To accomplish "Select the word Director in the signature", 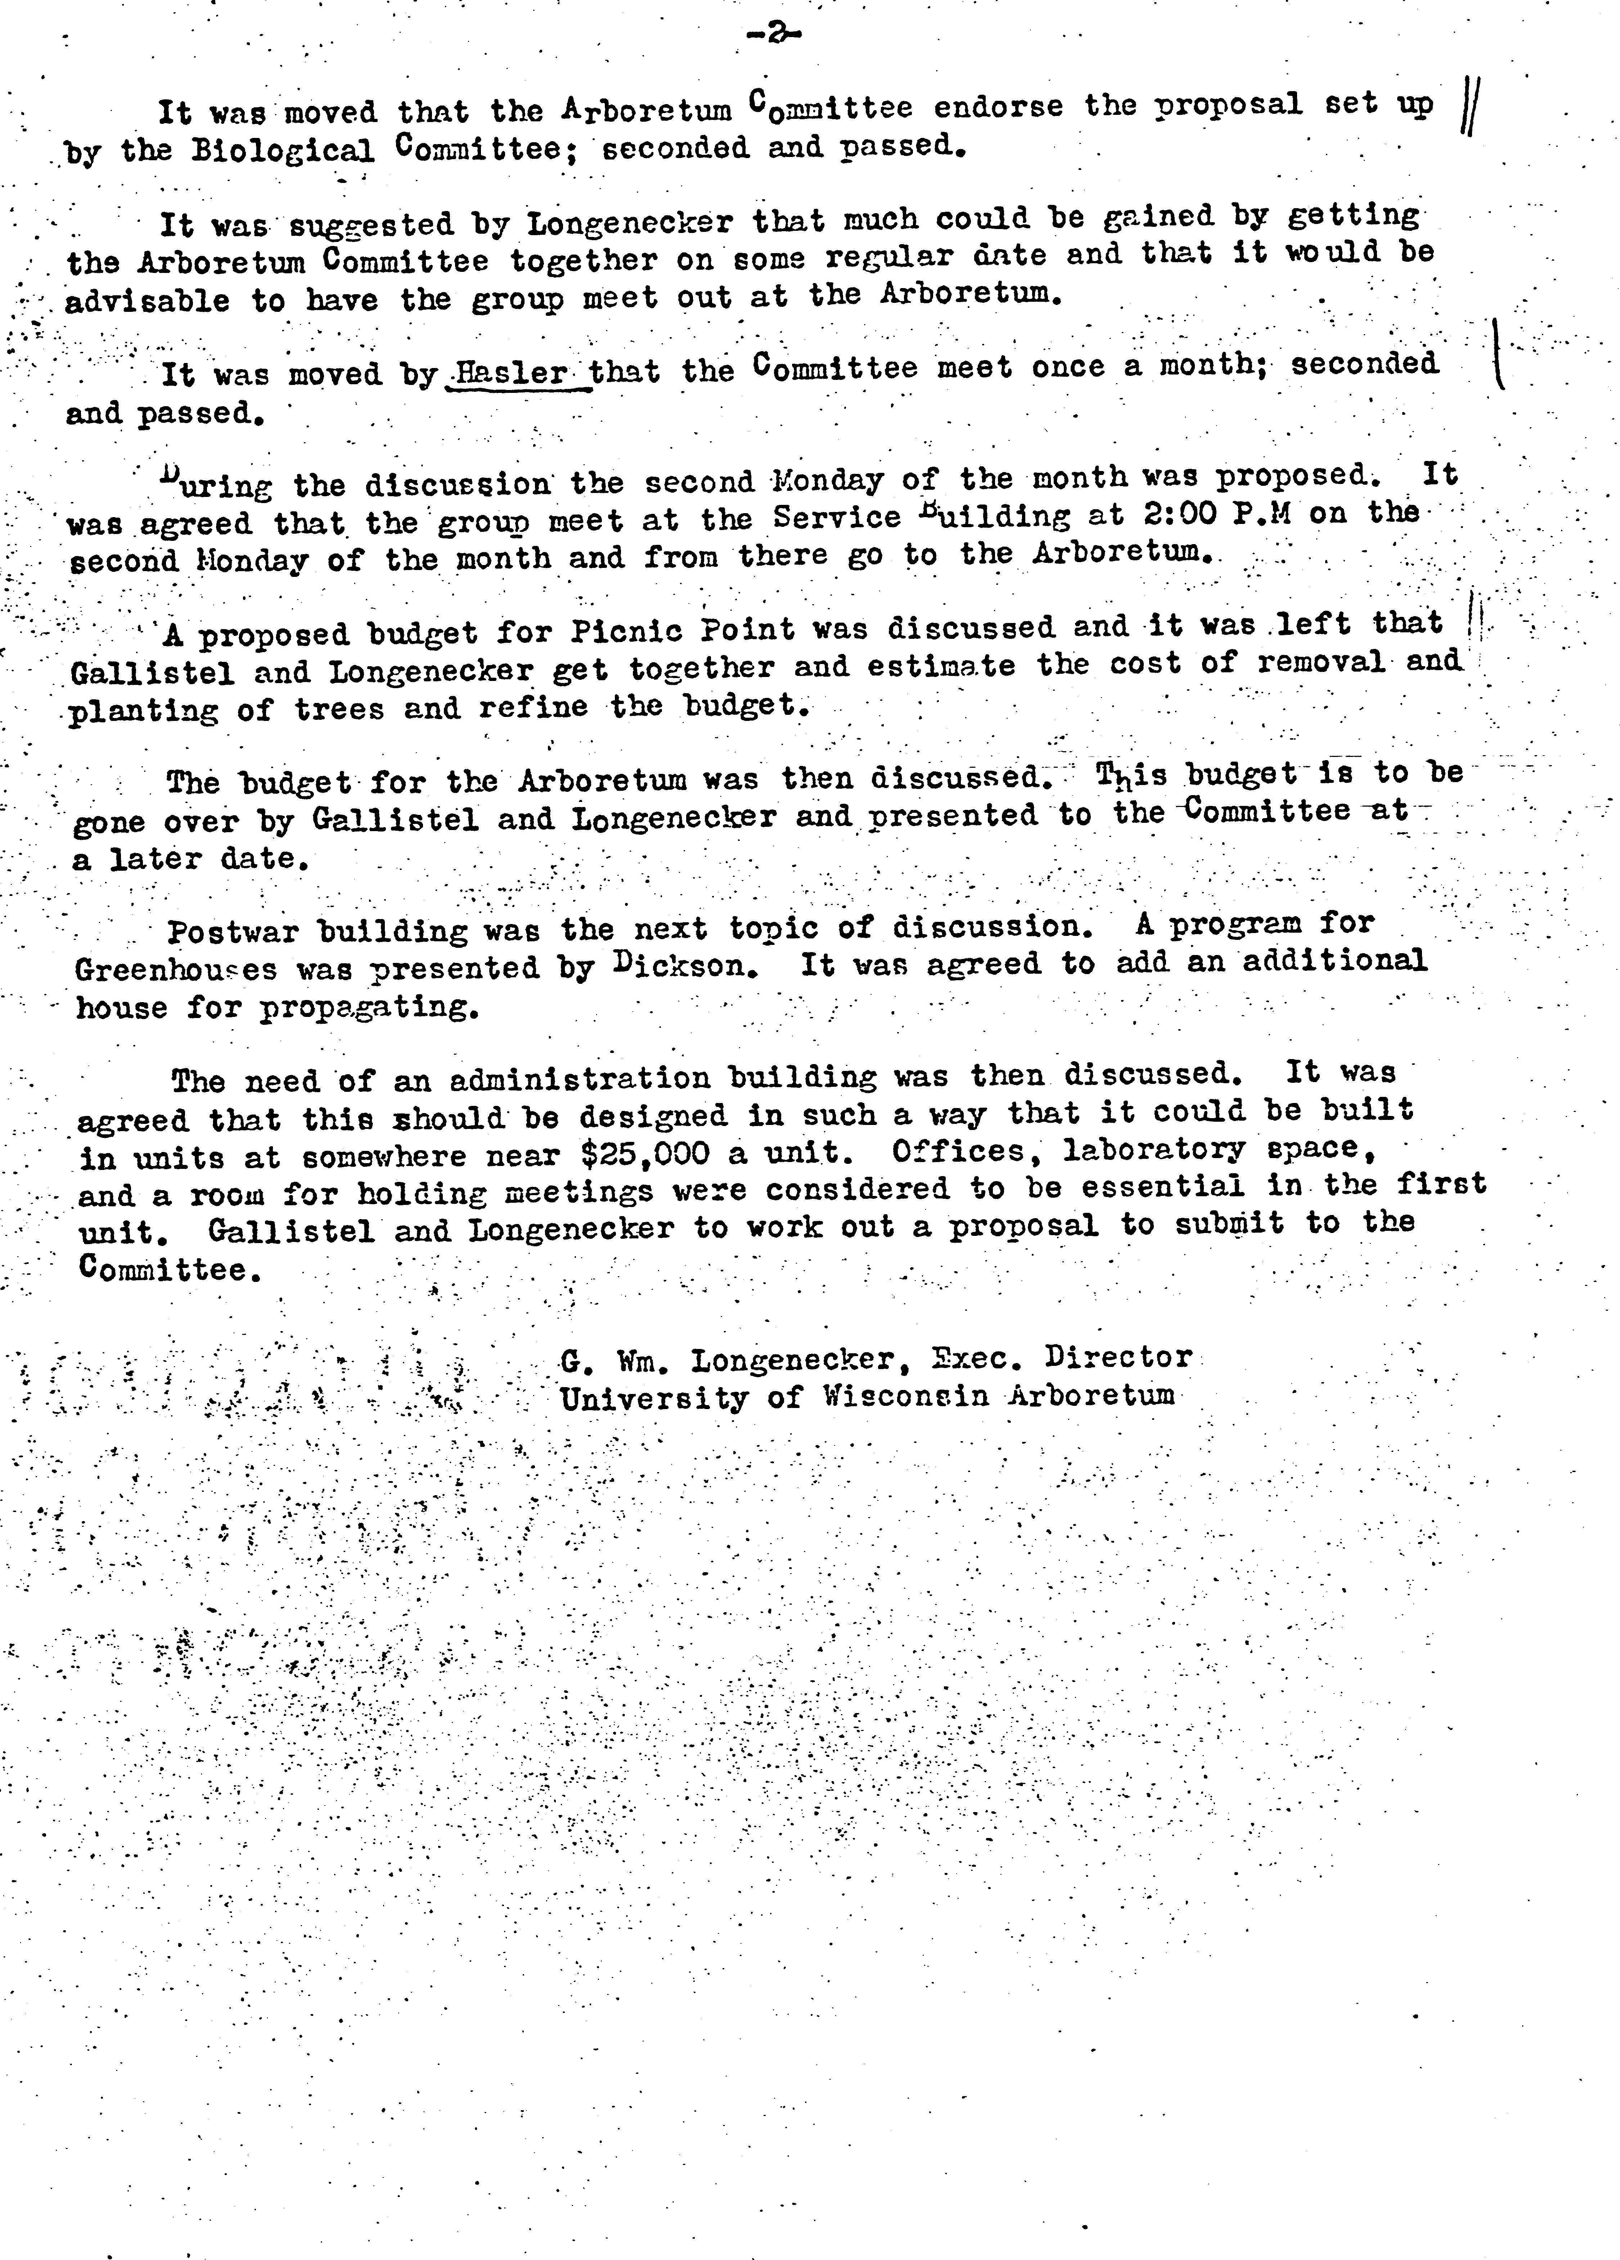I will (1118, 1357).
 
